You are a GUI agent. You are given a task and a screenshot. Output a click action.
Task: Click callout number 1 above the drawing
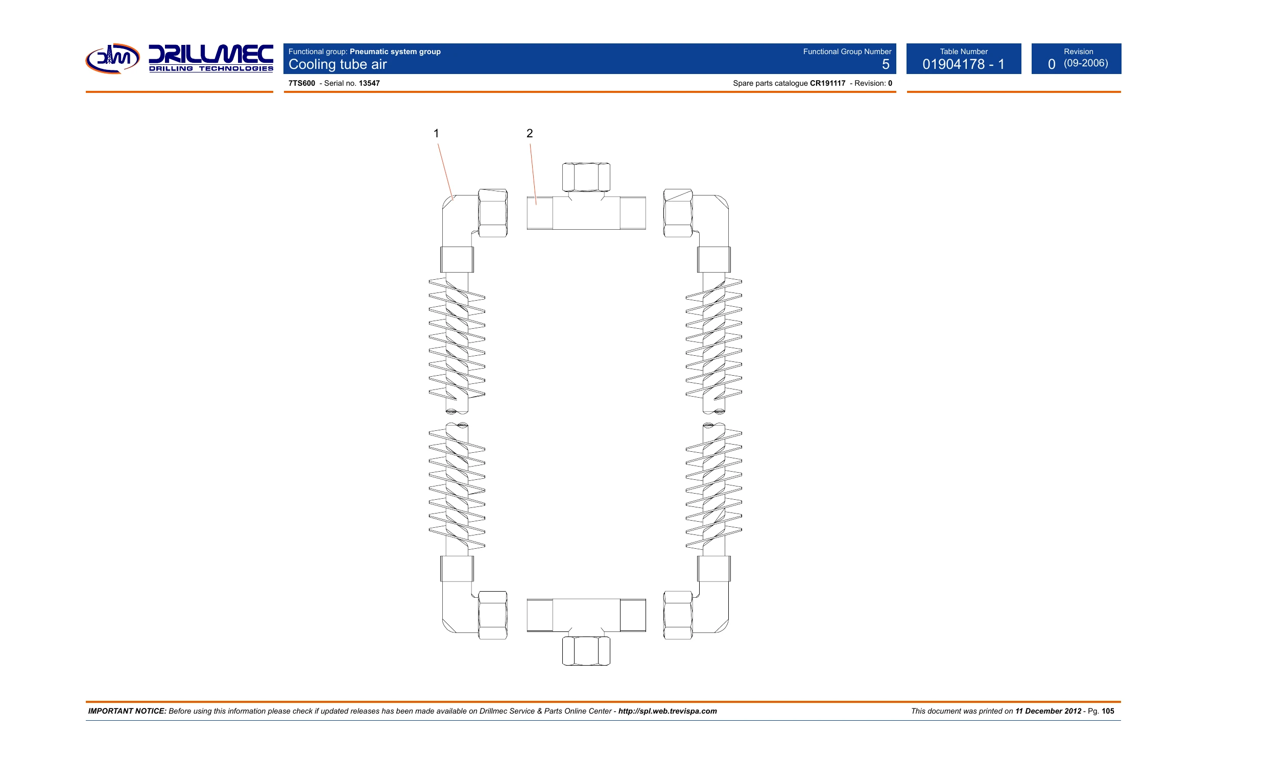pyautogui.click(x=436, y=134)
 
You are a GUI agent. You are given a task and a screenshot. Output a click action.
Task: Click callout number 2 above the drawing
pyautogui.click(x=530, y=134)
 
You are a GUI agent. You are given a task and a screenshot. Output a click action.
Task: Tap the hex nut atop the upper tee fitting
pyautogui.click(x=586, y=177)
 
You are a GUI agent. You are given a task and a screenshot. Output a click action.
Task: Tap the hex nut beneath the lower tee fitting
pyautogui.click(x=586, y=650)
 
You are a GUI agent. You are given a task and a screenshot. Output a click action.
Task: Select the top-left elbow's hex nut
pyautogui.click(x=492, y=213)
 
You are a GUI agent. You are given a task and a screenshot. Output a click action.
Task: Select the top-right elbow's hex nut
pyautogui.click(x=678, y=213)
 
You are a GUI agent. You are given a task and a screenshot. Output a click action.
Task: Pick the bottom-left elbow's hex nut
pyautogui.click(x=492, y=615)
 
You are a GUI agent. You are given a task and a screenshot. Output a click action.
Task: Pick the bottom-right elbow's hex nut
pyautogui.click(x=678, y=615)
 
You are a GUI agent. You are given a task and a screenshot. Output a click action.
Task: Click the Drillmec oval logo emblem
pyautogui.click(x=113, y=59)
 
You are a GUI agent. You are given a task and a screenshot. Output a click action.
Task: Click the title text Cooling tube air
pyautogui.click(x=338, y=64)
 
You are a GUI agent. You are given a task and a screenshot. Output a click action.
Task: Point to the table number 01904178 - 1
pyautogui.click(x=964, y=64)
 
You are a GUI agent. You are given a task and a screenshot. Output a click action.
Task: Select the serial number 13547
pyautogui.click(x=369, y=84)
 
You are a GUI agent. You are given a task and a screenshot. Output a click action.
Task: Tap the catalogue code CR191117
pyautogui.click(x=827, y=84)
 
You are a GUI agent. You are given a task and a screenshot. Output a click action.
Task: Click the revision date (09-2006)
pyautogui.click(x=1086, y=63)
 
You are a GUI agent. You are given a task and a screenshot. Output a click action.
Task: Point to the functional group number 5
pyautogui.click(x=886, y=64)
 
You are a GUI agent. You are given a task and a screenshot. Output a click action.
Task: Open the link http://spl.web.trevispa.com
pyautogui.click(x=668, y=711)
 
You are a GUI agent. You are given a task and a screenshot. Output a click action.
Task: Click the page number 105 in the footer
pyautogui.click(x=1108, y=711)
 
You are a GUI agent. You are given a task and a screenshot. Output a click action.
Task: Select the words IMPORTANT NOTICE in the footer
pyautogui.click(x=127, y=711)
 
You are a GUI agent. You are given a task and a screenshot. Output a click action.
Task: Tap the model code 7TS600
pyautogui.click(x=302, y=84)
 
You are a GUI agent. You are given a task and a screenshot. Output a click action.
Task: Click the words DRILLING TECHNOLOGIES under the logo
pyautogui.click(x=211, y=68)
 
